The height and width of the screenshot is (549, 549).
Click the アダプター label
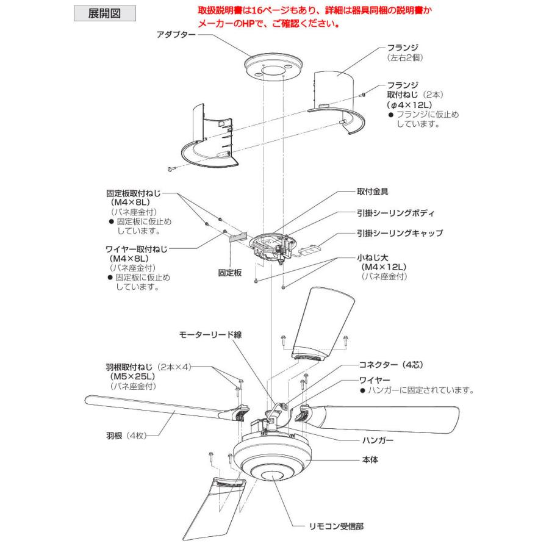coord(176,36)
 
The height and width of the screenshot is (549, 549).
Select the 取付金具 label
coord(373,191)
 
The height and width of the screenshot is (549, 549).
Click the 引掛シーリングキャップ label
coord(400,233)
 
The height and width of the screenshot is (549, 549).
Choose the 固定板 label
coord(230,273)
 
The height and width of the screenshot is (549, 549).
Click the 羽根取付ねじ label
coord(130,368)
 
